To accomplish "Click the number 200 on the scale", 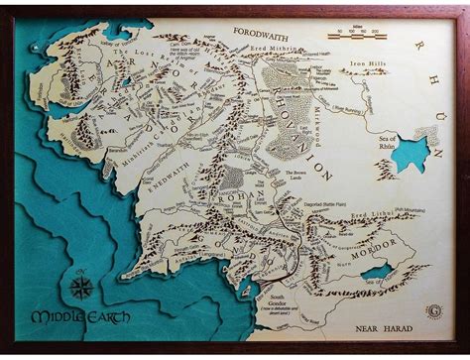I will click(x=379, y=32).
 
